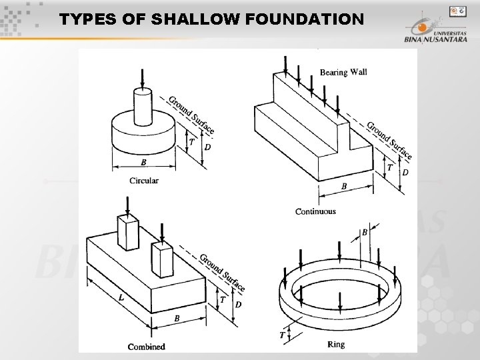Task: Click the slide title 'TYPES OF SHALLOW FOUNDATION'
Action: pos(211,19)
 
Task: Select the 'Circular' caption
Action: pos(144,181)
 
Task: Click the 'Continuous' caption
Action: pos(315,211)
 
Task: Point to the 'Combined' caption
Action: pos(146,346)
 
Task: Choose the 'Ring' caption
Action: pos(336,344)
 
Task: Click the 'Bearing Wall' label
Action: pos(343,72)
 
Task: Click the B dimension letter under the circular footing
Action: pos(143,163)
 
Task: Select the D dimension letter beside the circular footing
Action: pos(207,147)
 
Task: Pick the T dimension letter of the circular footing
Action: pos(192,142)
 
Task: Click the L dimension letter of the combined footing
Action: pos(121,298)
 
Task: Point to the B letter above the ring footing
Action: pos(365,233)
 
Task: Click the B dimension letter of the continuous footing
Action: pos(344,187)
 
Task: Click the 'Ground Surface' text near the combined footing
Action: pos(222,273)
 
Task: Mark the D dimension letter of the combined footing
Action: pos(238,305)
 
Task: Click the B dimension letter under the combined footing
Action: pos(177,319)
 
